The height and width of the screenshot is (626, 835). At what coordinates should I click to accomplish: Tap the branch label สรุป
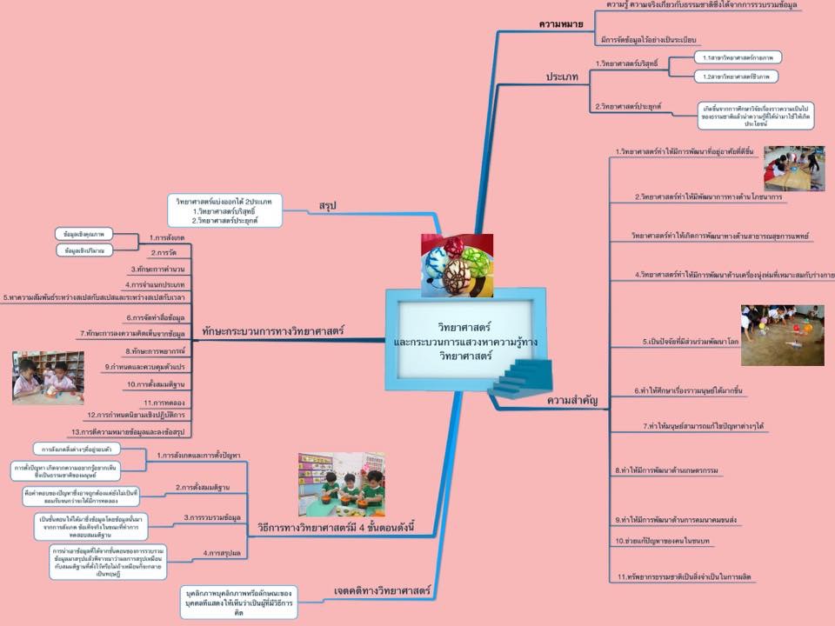pos(327,205)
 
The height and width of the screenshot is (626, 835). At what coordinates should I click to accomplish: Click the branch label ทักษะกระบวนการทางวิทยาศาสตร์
pos(273,330)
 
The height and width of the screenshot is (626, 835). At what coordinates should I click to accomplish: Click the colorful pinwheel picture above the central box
pos(458,265)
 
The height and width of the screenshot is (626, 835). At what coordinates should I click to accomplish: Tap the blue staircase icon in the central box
pos(519,380)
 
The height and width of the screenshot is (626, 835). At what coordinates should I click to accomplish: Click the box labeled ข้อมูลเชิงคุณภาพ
pos(83,235)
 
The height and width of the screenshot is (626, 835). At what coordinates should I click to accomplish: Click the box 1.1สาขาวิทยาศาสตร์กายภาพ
pos(738,57)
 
